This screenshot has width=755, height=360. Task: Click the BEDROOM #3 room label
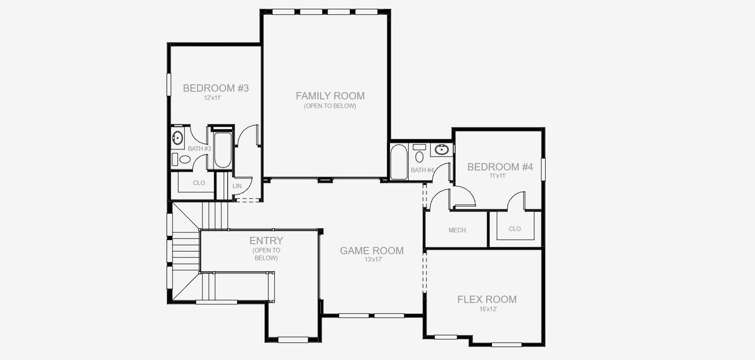(215, 89)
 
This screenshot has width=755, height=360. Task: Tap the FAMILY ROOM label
(330, 96)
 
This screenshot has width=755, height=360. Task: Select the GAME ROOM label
(372, 251)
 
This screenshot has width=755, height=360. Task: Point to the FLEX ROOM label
(487, 300)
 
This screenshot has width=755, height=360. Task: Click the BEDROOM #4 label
(500, 167)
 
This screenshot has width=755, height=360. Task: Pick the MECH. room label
(458, 230)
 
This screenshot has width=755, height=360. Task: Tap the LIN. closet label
(238, 186)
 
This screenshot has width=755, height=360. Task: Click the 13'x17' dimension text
(372, 260)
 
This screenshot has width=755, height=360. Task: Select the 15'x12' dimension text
(487, 309)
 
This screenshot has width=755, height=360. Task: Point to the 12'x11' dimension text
(212, 98)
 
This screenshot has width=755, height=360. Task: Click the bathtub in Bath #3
(222, 150)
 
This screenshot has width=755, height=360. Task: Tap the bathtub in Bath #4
(399, 162)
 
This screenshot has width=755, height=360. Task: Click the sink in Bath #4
(442, 149)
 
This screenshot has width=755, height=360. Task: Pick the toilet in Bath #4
(419, 156)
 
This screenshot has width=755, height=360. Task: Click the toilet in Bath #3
(184, 159)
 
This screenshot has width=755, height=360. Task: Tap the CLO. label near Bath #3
(199, 183)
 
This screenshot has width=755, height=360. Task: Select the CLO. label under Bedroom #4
(515, 229)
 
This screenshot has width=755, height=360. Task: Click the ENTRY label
(266, 241)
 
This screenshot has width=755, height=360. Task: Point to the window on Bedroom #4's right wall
(543, 169)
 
